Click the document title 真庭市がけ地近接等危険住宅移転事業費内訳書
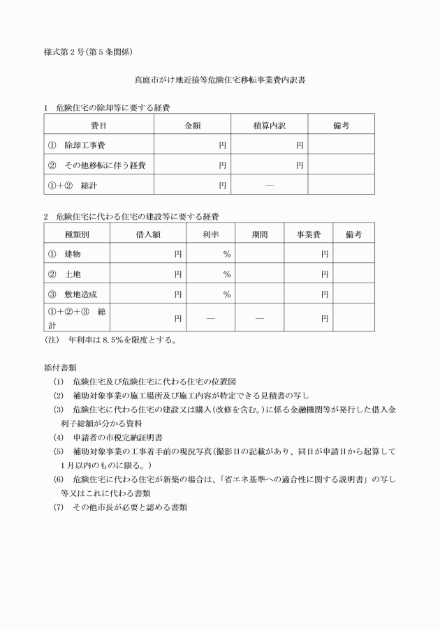click(x=219, y=81)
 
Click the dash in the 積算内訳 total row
click(x=270, y=185)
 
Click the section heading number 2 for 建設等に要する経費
click(x=46, y=217)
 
